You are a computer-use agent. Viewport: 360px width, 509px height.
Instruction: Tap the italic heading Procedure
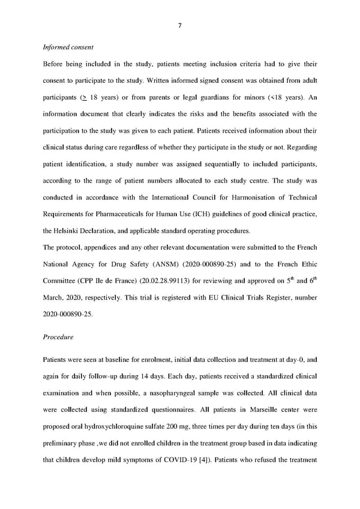click(58, 337)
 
